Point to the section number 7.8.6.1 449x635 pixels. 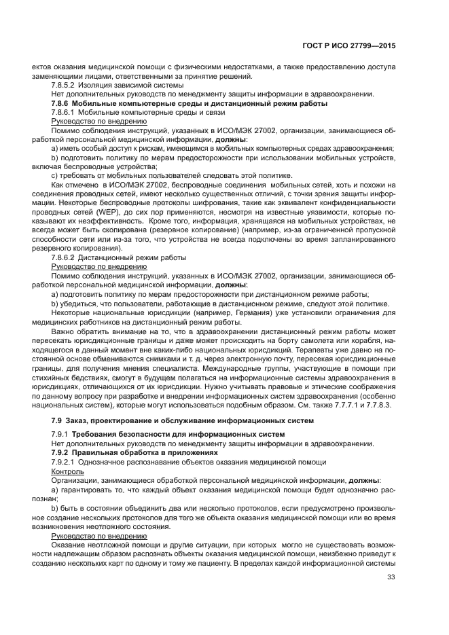pos(65,112)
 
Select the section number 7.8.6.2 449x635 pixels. pos(65,258)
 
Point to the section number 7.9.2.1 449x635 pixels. pos(65,461)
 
